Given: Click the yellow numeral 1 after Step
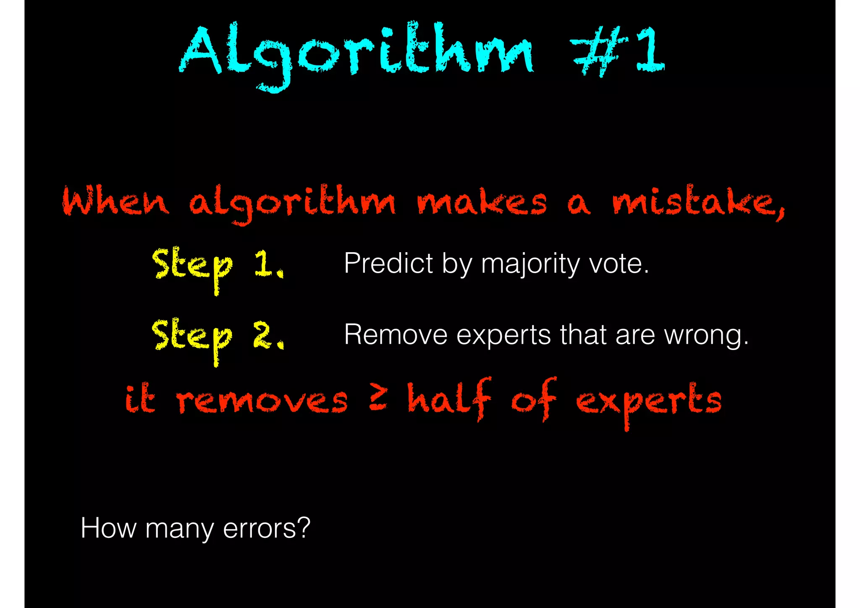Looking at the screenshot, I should (x=265, y=264).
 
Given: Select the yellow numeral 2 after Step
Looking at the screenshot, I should (x=265, y=335).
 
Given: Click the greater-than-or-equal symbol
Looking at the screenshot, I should (x=378, y=397).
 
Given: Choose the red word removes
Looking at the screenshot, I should (x=262, y=400).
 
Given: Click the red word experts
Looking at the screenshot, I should (x=648, y=401).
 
